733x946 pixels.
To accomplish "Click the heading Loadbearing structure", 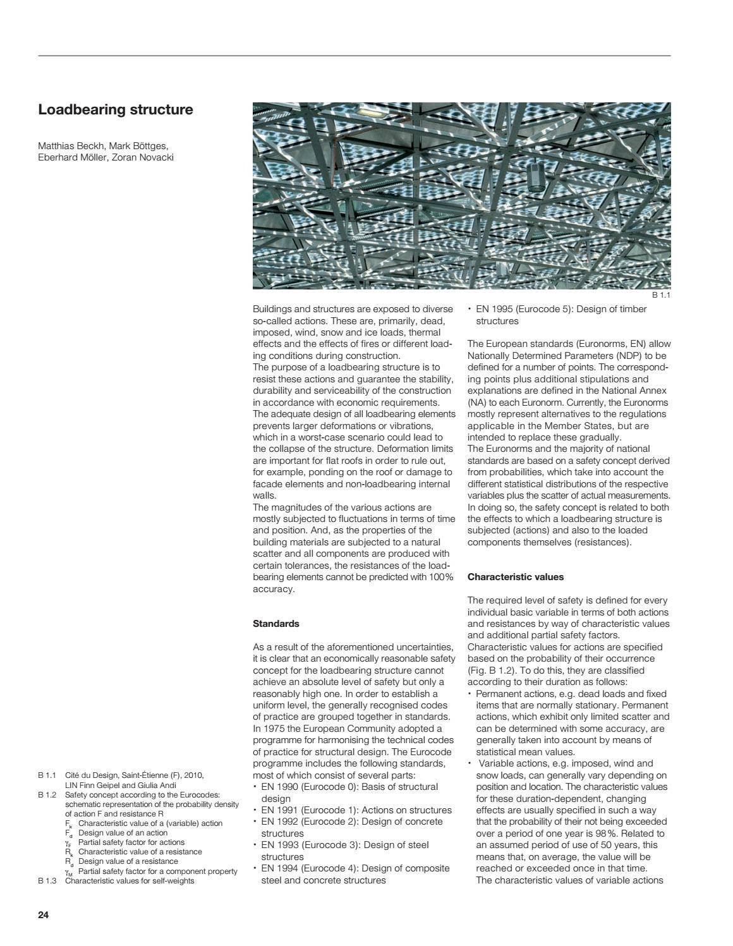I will point(116,109).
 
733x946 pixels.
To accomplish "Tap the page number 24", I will point(44,915).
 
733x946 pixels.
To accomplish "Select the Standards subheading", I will point(276,624).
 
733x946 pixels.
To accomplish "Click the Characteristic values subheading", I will point(515,577).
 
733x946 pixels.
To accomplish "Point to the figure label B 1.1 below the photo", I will point(660,296).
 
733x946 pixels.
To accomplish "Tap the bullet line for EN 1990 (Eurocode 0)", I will point(349,787).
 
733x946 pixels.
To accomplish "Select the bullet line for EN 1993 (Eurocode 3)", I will point(344,845).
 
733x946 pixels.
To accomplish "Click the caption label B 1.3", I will point(47,881).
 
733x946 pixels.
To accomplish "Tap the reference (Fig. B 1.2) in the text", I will point(492,670).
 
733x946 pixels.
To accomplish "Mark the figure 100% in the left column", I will point(441,578).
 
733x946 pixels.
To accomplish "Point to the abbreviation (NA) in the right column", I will point(475,403).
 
